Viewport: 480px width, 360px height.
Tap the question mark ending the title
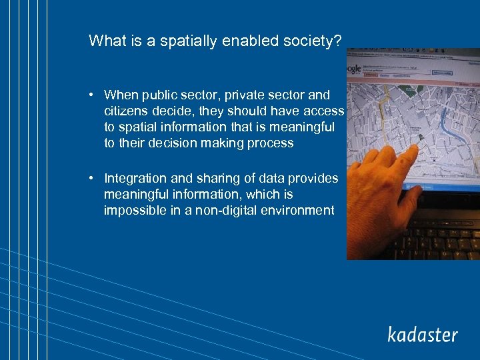pyautogui.click(x=338, y=41)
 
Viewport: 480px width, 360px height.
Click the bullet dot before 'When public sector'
pyautogui.click(x=94, y=95)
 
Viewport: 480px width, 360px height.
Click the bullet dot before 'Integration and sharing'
pyautogui.click(x=94, y=179)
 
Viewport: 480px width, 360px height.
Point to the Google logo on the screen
pyautogui.click(x=354, y=69)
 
